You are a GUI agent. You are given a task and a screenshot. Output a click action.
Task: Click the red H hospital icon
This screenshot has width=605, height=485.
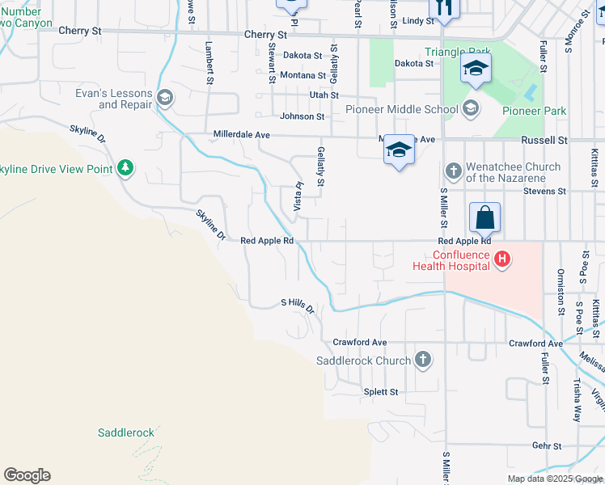(502, 259)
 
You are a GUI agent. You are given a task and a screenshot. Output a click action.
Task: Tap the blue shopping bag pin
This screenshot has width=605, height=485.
(484, 217)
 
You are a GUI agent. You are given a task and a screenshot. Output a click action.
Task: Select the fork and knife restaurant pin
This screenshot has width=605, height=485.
(443, 6)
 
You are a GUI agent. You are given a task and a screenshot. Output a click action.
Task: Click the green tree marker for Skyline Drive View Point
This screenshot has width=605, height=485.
(125, 168)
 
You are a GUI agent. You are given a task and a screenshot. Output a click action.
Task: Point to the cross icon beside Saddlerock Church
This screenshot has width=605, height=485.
(422, 360)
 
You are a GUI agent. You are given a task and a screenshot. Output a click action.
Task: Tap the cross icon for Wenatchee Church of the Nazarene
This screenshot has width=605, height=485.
(453, 171)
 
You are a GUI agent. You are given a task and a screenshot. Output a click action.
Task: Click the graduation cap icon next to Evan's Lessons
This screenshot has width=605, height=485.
(165, 99)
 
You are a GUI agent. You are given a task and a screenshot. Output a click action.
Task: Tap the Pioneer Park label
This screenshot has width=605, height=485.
(534, 111)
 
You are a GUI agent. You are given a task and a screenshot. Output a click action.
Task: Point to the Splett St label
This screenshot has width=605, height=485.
(381, 392)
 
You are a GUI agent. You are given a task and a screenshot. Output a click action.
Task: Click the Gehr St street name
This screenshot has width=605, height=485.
(547, 445)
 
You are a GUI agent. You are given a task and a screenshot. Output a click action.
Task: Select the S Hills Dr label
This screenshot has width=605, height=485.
(297, 303)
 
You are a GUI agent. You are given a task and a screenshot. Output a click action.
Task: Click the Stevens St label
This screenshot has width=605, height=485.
(545, 192)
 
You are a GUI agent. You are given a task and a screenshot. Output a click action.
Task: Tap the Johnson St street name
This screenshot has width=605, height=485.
(302, 116)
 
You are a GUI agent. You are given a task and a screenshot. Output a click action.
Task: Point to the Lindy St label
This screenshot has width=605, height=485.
(418, 20)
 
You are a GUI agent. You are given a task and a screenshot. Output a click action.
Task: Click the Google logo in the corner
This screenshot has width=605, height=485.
(27, 475)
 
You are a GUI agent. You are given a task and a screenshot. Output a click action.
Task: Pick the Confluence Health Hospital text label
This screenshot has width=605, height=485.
(451, 260)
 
